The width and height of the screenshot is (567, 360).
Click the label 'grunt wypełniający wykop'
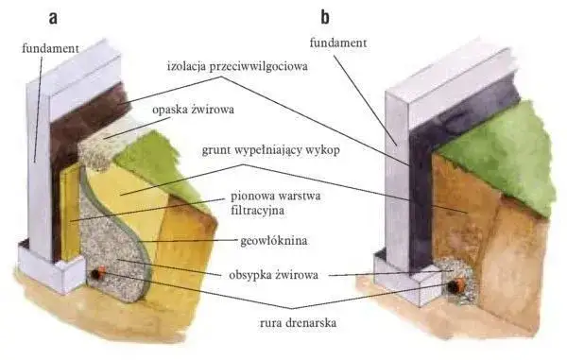pos(274,150)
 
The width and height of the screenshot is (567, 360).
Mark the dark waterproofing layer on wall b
pos(416,170)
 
